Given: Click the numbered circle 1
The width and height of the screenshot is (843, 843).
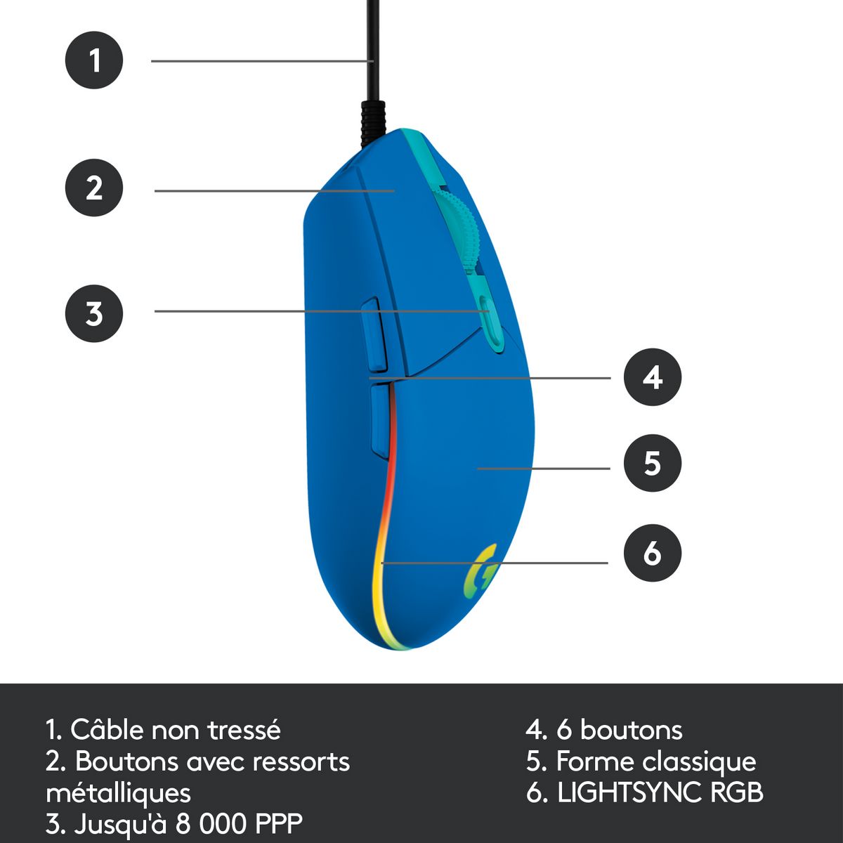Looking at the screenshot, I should point(94,60).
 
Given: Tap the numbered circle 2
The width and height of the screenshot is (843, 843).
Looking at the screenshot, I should point(94,188).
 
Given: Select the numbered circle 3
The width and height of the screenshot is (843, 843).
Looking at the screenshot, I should point(94,313).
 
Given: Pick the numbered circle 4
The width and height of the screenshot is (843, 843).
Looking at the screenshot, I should point(653,377).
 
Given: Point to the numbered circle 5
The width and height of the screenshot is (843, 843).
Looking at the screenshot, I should point(653,463).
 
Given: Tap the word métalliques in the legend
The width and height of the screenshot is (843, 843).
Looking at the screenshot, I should point(118,792).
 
